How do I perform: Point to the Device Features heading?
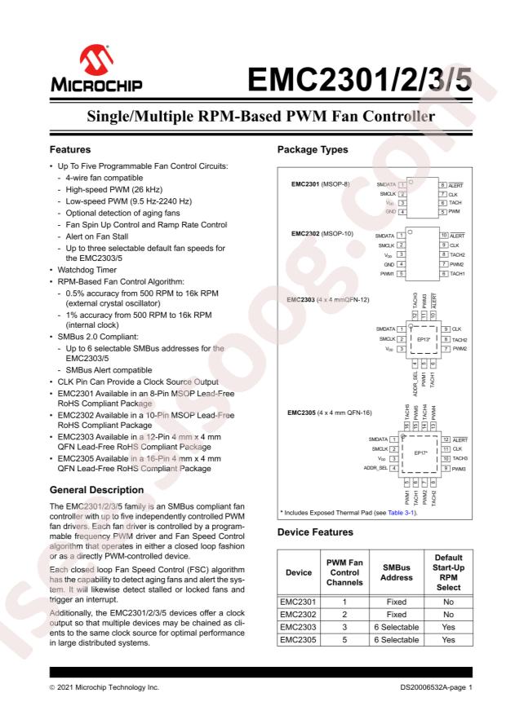coord(317,532)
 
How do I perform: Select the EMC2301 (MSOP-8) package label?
coord(320,184)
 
